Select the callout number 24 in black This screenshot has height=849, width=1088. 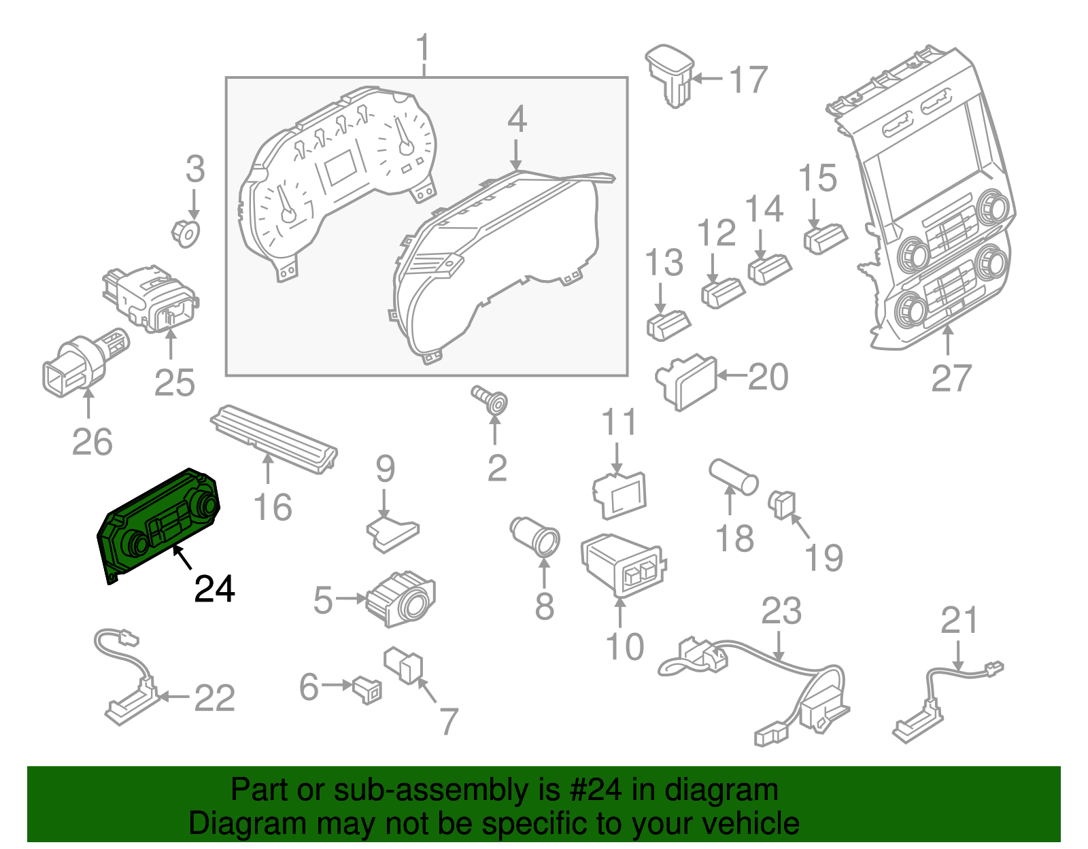[x=214, y=589]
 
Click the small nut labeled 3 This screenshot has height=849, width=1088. [x=186, y=232]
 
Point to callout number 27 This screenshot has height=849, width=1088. [x=951, y=378]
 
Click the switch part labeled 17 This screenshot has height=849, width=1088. [x=670, y=75]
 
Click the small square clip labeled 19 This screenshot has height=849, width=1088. [x=781, y=504]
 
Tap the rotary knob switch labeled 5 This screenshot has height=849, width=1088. [x=401, y=598]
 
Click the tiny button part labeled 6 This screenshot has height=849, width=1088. [x=367, y=689]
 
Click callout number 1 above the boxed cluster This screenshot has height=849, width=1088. [x=424, y=49]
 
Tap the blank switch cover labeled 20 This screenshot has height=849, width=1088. [x=687, y=381]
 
